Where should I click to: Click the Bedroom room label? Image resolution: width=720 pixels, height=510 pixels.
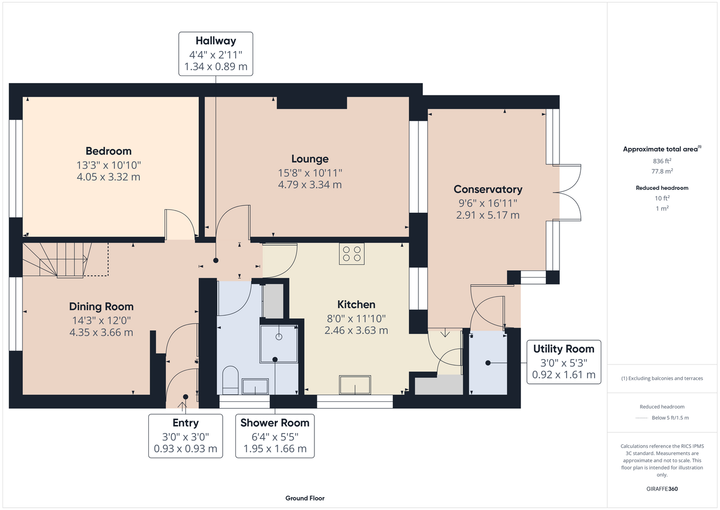tap(109, 151)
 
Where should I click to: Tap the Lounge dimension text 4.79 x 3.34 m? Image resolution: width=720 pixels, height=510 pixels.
tap(310, 185)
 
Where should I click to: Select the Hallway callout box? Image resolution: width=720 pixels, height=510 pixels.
tap(216, 54)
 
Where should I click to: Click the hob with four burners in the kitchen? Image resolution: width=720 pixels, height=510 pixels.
tap(352, 253)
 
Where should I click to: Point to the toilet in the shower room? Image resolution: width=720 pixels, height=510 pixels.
tap(230, 380)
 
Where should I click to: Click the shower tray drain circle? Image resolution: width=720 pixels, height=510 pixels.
tap(279, 337)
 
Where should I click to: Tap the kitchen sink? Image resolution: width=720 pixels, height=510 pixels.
tap(355, 385)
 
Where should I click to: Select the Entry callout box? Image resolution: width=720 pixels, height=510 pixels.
tap(185, 436)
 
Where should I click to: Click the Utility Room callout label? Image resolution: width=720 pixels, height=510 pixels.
tap(564, 349)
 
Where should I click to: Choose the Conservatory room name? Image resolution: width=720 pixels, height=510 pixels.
tap(488, 189)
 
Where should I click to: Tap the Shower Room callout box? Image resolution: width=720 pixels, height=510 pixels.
tap(275, 436)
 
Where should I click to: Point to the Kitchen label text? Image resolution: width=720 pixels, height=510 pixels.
tap(356, 304)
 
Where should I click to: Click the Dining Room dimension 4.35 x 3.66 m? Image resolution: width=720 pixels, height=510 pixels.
tap(101, 333)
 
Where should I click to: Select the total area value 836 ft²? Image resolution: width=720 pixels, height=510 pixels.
tap(662, 161)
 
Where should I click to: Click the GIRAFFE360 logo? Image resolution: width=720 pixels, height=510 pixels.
tap(662, 489)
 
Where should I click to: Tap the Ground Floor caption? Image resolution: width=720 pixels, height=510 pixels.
tap(305, 498)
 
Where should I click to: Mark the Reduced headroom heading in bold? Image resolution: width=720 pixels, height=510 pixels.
tap(662, 188)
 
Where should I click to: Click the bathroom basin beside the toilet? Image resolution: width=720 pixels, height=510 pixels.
tap(255, 387)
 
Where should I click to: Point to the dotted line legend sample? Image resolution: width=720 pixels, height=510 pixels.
tap(642, 418)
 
